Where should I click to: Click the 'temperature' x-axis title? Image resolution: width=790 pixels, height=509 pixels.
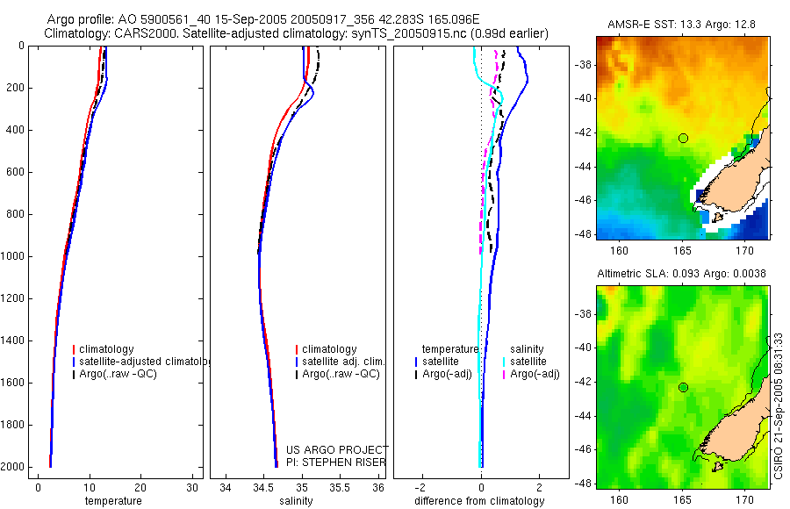(112, 501)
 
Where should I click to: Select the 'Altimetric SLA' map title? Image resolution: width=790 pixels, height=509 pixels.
(681, 274)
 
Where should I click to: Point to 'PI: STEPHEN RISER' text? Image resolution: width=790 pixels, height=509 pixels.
(336, 463)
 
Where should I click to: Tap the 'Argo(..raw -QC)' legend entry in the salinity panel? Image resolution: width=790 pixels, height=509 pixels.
(341, 374)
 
